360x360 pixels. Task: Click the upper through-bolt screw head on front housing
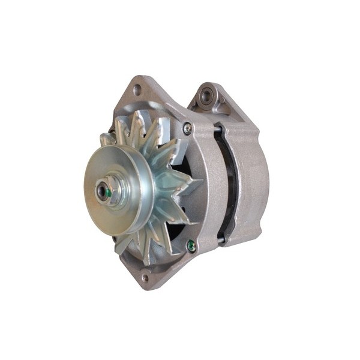click(x=187, y=127)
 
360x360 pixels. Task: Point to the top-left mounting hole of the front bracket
click(x=137, y=89)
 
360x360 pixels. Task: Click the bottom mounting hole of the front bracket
click(x=145, y=277)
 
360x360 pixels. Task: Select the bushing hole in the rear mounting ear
click(x=207, y=94)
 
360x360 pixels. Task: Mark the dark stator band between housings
click(x=227, y=180)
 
